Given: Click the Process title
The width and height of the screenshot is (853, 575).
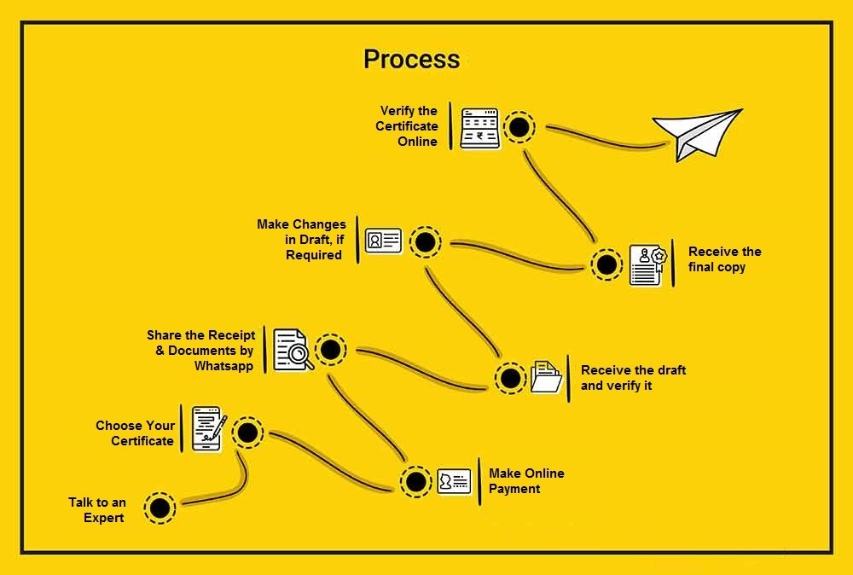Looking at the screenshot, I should pos(411,59).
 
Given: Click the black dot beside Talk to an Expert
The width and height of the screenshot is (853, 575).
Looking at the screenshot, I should pos(159,509).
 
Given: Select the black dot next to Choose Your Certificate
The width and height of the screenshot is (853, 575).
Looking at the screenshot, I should pos(247,433).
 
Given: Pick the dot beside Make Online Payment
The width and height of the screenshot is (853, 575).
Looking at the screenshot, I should pos(416,482).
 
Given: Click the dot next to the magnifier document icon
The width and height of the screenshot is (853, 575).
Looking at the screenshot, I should pos(330,349).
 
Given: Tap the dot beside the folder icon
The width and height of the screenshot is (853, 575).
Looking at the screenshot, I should pos(510,378).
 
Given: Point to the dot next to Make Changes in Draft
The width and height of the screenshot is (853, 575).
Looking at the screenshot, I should pos(425,243).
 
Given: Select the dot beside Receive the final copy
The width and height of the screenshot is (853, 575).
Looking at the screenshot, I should pos(606,265).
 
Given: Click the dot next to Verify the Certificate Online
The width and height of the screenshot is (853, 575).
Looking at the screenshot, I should pos(517,129).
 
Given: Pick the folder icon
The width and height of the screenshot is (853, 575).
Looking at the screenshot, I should pos(546,376).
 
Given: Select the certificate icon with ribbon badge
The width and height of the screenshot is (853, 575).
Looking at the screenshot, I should pos(647,264).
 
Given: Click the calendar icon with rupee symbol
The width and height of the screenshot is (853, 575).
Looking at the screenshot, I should pos(479,129).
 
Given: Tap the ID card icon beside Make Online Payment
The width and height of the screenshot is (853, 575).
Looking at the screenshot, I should pos(454,481).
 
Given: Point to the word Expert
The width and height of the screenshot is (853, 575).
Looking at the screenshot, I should pos(104,518).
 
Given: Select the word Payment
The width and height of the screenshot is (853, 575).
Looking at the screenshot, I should pos(514,489).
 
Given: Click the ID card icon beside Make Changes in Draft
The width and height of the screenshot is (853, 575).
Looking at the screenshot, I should pos(383,241).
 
